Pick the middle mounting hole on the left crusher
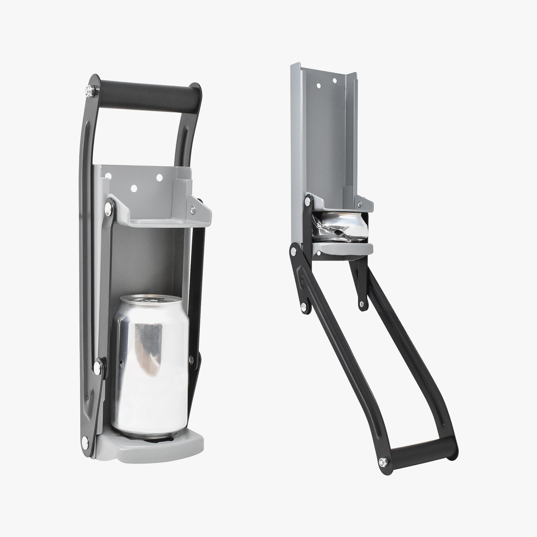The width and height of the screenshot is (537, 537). tap(135, 187)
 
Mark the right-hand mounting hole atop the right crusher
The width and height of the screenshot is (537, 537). tap(335, 81)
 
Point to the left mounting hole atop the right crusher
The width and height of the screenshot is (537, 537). tap(318, 86)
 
